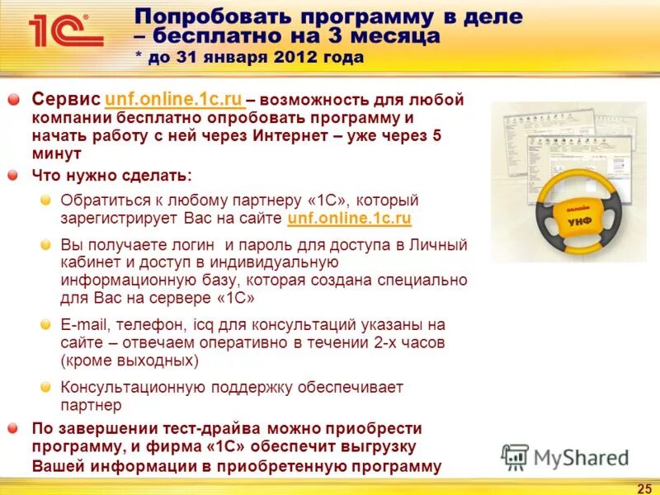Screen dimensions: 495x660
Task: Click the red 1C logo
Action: tap(65, 31)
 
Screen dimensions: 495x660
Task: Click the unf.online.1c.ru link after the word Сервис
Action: tap(174, 100)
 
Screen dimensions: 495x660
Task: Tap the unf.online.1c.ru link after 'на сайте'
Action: tap(349, 219)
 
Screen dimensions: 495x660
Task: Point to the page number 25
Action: tap(644, 487)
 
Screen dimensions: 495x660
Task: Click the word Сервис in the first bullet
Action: tap(67, 100)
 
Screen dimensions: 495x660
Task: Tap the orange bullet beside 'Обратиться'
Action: tap(46, 200)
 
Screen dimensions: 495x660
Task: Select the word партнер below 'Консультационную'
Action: tap(91, 405)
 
